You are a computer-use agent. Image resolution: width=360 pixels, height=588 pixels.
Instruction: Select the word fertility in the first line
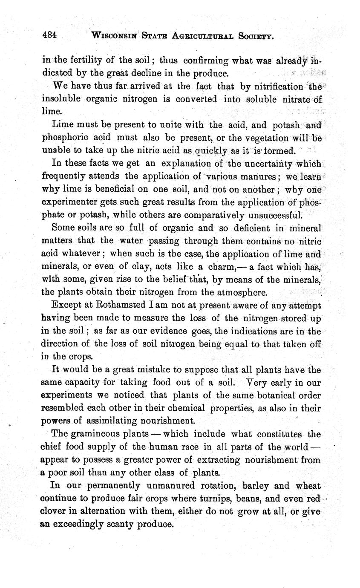[x=86, y=60]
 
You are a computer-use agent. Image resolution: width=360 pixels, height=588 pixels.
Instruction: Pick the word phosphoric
[x=64, y=138]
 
